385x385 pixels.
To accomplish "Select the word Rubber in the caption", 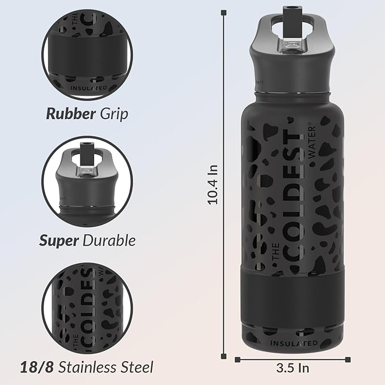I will [70, 113].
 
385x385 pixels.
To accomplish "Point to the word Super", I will [58, 240].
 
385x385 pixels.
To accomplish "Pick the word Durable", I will [109, 240].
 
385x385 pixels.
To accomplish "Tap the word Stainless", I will [85, 367].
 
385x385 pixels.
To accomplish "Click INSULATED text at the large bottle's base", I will [293, 343].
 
